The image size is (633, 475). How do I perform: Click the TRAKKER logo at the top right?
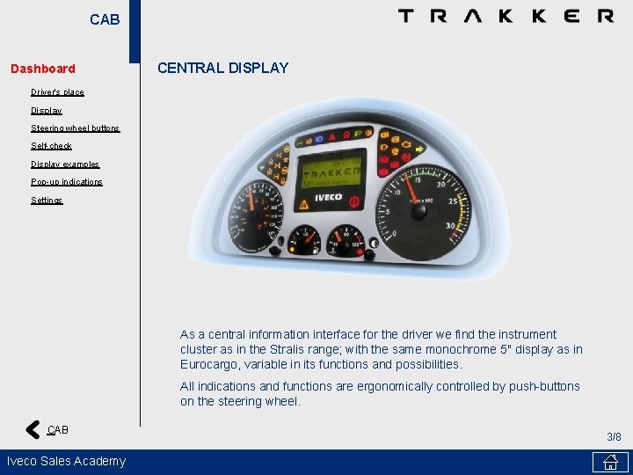(x=506, y=16)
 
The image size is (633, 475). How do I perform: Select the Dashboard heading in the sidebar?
(x=43, y=69)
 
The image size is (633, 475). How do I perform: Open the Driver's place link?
(x=57, y=92)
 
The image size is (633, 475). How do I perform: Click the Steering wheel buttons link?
(x=75, y=128)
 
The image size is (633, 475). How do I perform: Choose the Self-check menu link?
(x=51, y=146)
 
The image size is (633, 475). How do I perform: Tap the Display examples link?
(x=65, y=164)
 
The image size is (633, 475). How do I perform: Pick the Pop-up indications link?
(x=67, y=182)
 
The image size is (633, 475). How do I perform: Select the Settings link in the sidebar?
(x=47, y=201)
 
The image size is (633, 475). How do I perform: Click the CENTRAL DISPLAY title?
(x=222, y=68)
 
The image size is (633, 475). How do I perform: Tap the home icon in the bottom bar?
(x=610, y=462)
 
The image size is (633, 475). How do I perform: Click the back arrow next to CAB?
(x=33, y=430)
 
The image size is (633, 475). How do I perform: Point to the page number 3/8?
(x=614, y=437)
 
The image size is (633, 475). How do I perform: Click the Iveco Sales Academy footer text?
(x=67, y=461)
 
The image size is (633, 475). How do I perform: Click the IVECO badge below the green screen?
(x=329, y=198)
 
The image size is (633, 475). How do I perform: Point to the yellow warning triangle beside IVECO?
(x=304, y=203)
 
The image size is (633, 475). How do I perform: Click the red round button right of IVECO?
(x=354, y=201)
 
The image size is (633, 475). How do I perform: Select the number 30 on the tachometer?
(x=450, y=225)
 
